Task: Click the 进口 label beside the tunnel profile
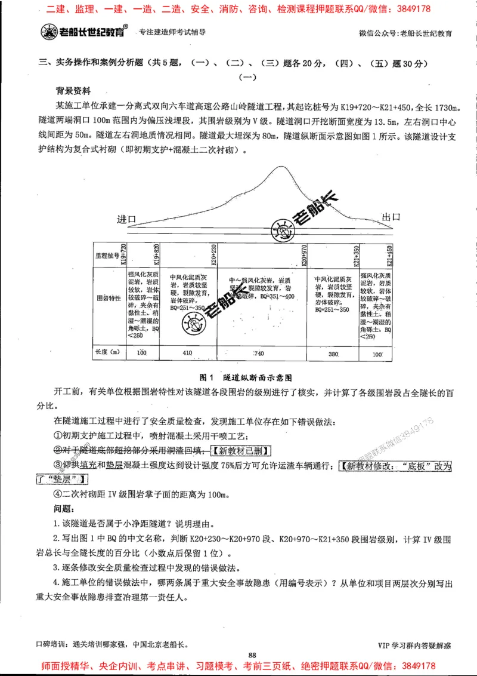[128, 219]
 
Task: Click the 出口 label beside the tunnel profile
[391, 217]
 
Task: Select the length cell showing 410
[187, 353]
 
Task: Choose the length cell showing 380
[333, 353]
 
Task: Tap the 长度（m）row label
[107, 352]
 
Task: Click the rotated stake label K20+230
[213, 255]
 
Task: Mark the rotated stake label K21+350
[357, 255]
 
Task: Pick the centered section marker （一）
[247, 77]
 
